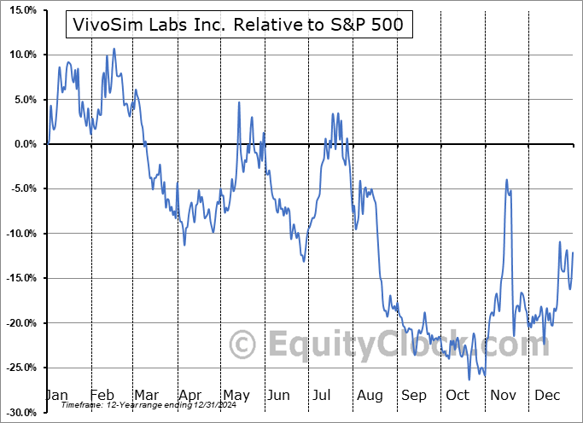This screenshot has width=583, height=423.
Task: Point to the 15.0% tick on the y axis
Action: click(x=22, y=10)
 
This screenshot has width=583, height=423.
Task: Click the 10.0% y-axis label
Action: click(x=22, y=55)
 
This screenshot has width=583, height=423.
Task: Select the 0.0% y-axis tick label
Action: click(x=25, y=144)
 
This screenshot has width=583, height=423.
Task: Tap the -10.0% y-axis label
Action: click(x=20, y=234)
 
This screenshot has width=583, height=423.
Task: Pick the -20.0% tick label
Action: click(x=20, y=323)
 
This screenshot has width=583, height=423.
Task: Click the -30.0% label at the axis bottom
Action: click(x=20, y=413)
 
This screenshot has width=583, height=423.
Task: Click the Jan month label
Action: click(x=56, y=396)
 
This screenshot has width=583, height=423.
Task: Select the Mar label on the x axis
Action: click(x=147, y=396)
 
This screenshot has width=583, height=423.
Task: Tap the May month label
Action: click(x=236, y=396)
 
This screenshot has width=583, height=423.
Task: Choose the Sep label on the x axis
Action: click(x=414, y=396)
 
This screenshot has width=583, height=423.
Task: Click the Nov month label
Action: click(x=504, y=396)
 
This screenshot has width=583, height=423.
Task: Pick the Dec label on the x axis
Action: click(x=547, y=396)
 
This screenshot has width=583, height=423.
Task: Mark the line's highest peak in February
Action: click(x=114, y=49)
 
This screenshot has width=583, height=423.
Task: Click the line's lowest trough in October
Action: click(x=469, y=380)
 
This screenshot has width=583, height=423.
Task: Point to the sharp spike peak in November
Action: click(x=507, y=180)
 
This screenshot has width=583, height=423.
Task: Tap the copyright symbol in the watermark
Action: click(x=243, y=345)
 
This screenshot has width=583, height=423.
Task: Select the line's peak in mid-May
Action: click(x=239, y=102)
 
